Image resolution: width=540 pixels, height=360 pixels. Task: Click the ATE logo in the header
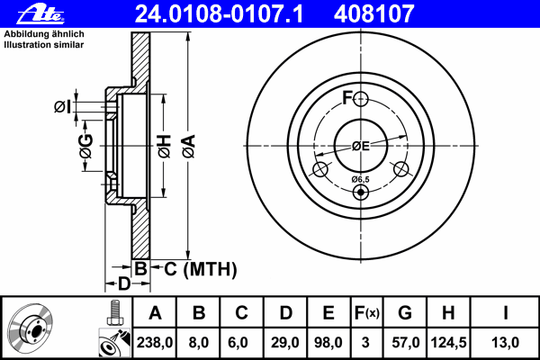pos(40,14)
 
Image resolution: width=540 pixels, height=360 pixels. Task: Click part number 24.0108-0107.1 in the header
pos(219,14)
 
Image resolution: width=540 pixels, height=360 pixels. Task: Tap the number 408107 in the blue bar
pos(373,14)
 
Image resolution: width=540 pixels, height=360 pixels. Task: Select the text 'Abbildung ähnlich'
pos(44,34)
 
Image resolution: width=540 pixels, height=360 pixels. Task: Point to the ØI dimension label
pos(62,107)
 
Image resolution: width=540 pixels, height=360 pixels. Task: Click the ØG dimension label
pos(85,146)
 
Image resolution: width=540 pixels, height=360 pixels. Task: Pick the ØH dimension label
pos(165,146)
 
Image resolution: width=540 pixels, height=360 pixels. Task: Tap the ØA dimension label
pos(189,146)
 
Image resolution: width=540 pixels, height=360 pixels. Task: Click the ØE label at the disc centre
pos(361,146)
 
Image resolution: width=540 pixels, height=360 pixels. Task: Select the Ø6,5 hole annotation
pos(360,179)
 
